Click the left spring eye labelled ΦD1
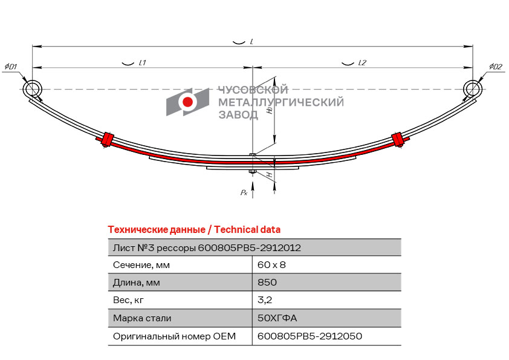[x=33, y=90]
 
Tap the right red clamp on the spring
[x=398, y=140]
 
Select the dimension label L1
[x=142, y=62]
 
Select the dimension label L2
[x=362, y=62]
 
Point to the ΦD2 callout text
[x=495, y=66]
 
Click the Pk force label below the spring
[x=244, y=192]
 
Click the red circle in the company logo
[x=188, y=102]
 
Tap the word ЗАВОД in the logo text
[x=238, y=114]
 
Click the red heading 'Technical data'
[x=247, y=229]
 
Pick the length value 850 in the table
[x=267, y=282]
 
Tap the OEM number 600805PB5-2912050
[x=310, y=336]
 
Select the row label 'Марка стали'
[x=142, y=318]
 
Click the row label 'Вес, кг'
[x=129, y=299]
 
